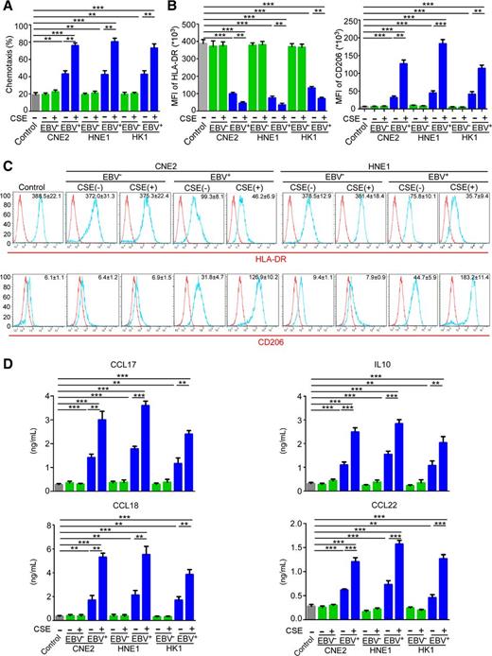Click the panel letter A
(x=7, y=8)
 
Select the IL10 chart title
(x=385, y=358)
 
